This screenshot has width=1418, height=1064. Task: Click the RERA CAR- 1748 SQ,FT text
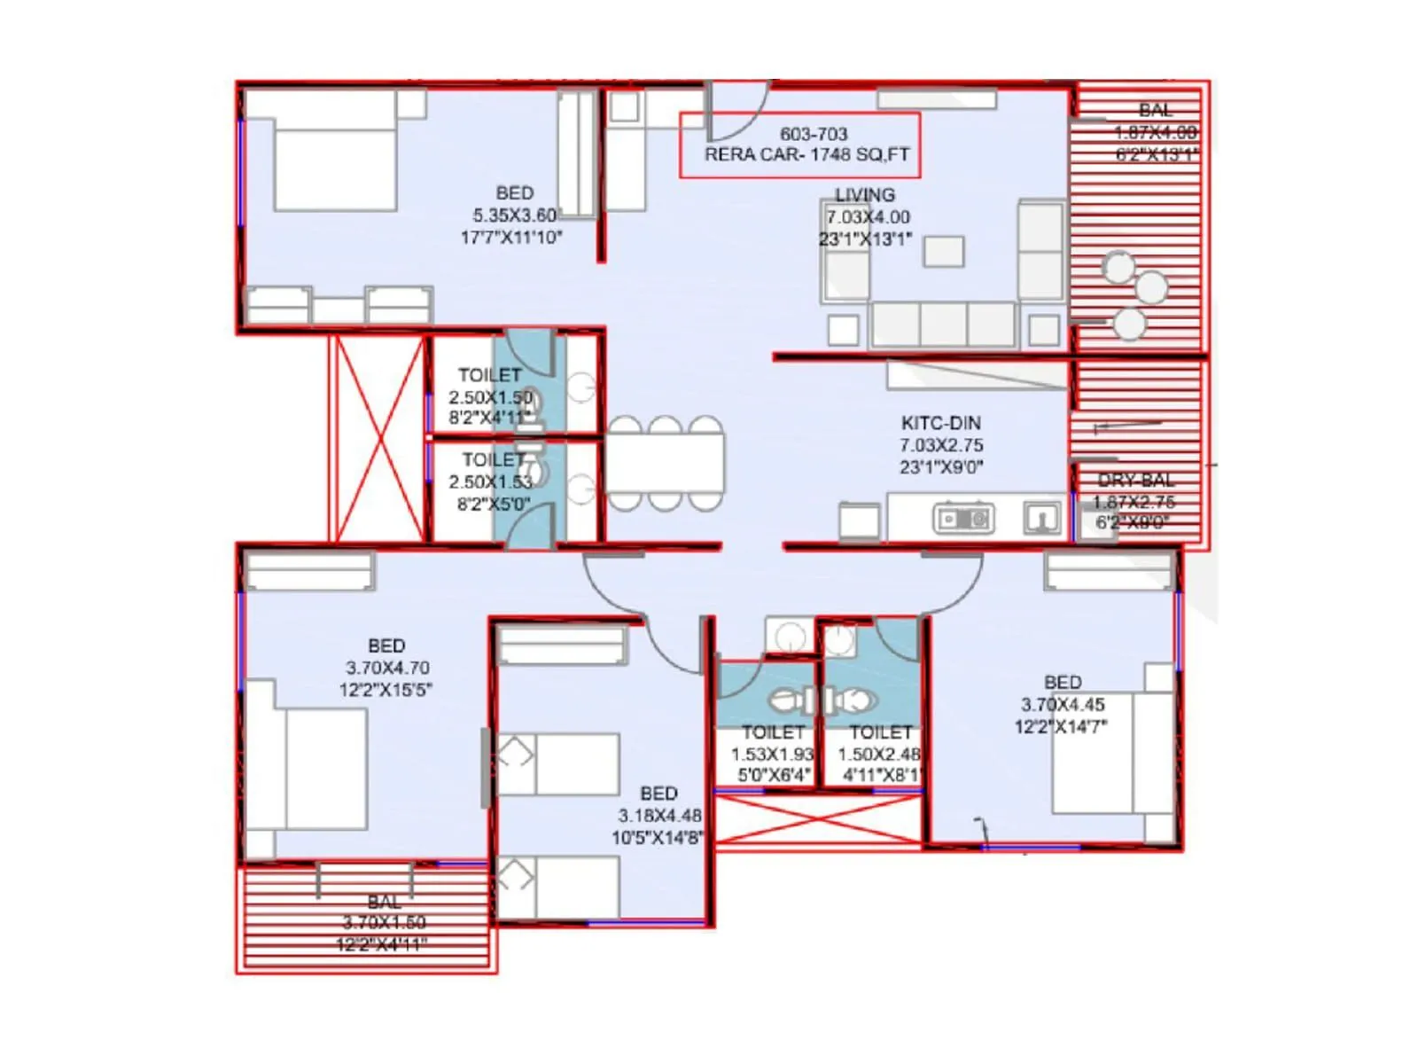point(806,155)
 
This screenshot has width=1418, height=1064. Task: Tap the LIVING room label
point(864,195)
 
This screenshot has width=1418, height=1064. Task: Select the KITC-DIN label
point(940,423)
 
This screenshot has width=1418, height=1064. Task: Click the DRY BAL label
point(1135,480)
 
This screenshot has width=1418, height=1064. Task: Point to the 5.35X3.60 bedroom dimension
point(514,215)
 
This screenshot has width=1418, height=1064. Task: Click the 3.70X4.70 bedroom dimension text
point(387,668)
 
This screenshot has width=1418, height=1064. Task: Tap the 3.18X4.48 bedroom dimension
point(659,816)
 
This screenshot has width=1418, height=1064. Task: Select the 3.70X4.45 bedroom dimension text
point(1063,705)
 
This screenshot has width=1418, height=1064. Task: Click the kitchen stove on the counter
point(963,519)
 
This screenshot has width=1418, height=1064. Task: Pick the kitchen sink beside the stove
point(1041,518)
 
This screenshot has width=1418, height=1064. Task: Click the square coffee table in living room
point(943,252)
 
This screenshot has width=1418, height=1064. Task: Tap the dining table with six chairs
point(665,463)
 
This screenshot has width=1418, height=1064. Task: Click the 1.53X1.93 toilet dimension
point(771,755)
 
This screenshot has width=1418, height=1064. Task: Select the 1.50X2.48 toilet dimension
point(879,755)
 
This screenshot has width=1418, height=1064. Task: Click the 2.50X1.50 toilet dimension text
point(490,397)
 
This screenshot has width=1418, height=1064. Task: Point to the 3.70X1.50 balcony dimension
point(384,923)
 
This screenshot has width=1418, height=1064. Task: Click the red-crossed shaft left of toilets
point(379,438)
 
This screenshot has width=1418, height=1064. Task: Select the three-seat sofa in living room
point(943,325)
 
